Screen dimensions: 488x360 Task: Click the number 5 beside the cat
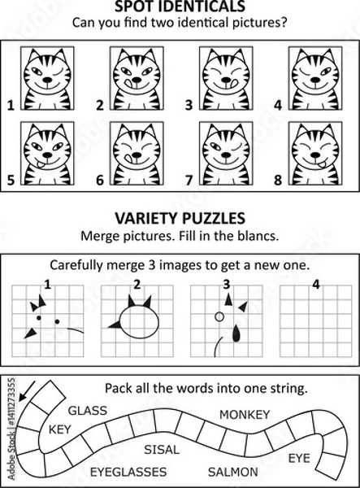[x=10, y=181]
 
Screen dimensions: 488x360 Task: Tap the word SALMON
[x=233, y=471]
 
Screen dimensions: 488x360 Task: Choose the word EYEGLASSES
[x=128, y=471]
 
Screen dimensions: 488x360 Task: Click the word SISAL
[x=161, y=449]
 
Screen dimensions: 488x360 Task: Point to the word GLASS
[x=87, y=410]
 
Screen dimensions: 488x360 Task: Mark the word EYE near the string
[x=298, y=458]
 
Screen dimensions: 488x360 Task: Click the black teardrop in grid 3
[x=236, y=333]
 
